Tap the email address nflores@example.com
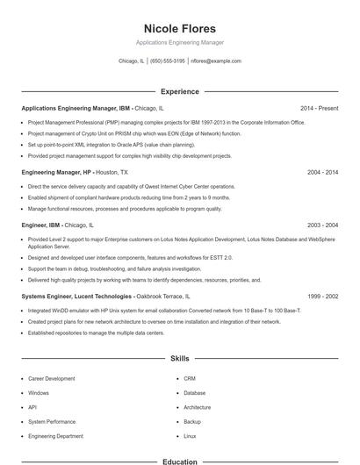[216, 61]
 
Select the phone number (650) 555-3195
[168, 61]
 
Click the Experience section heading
[179, 91]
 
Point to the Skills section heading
[179, 359]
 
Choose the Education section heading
[179, 461]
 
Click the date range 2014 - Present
[319, 109]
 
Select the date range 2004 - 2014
[322, 173]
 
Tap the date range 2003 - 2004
[322, 225]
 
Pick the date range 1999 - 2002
[322, 297]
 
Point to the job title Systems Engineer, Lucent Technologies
[76, 297]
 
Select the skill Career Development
[52, 379]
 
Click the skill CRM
[190, 379]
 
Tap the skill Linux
[190, 436]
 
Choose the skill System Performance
[52, 422]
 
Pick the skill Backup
[192, 422]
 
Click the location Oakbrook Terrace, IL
[162, 297]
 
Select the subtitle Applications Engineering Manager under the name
[179, 42]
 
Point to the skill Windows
[39, 393]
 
